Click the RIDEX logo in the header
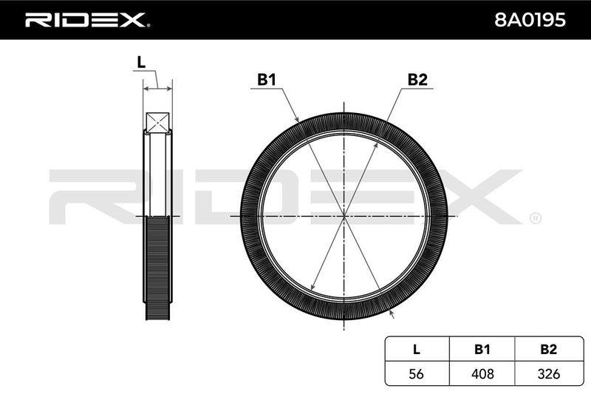[x=87, y=20]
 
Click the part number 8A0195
[x=530, y=20]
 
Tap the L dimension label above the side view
[x=141, y=63]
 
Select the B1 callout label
[x=267, y=80]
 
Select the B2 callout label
[x=417, y=80]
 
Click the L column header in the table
[x=417, y=349]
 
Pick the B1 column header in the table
[x=482, y=349]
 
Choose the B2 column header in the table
[x=548, y=349]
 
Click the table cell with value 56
[x=417, y=373]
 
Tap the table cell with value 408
[x=482, y=373]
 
